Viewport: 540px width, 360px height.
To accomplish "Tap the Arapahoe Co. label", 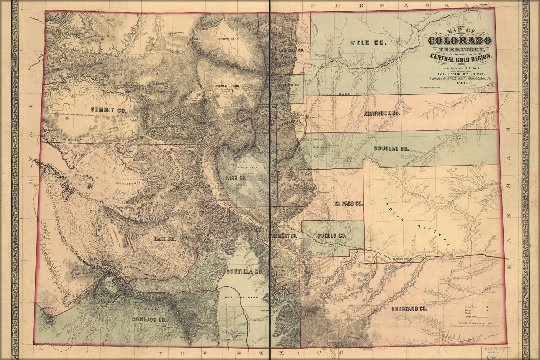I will click(x=382, y=113).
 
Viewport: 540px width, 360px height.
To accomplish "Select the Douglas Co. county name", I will click(x=391, y=148).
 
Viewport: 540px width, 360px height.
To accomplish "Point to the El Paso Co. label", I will click(x=348, y=204).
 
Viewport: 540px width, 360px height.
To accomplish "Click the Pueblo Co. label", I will click(x=332, y=236).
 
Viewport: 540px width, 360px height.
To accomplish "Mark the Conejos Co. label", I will click(x=148, y=319).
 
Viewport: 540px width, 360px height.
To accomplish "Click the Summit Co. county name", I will click(x=109, y=110).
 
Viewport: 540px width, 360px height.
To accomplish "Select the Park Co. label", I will click(x=235, y=178).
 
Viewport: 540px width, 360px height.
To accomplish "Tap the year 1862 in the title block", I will click(x=461, y=83).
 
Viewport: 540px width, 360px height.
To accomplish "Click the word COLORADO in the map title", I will click(x=460, y=40).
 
